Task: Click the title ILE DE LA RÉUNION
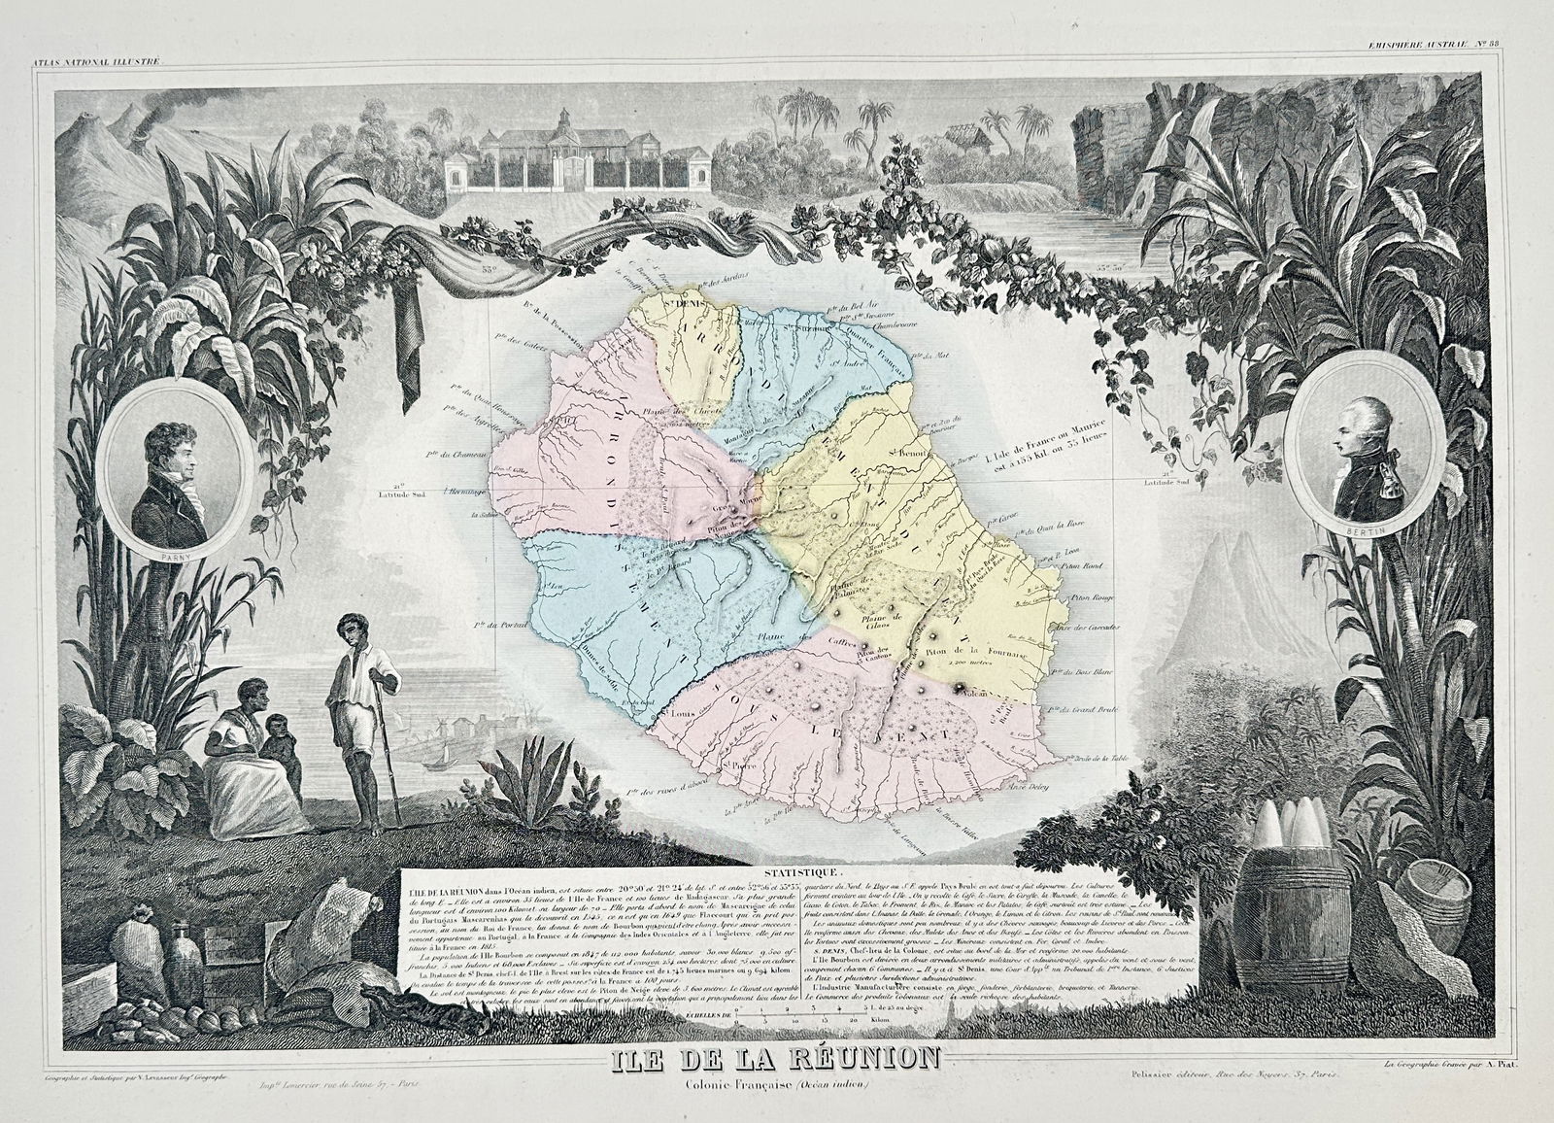click(x=775, y=1084)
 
